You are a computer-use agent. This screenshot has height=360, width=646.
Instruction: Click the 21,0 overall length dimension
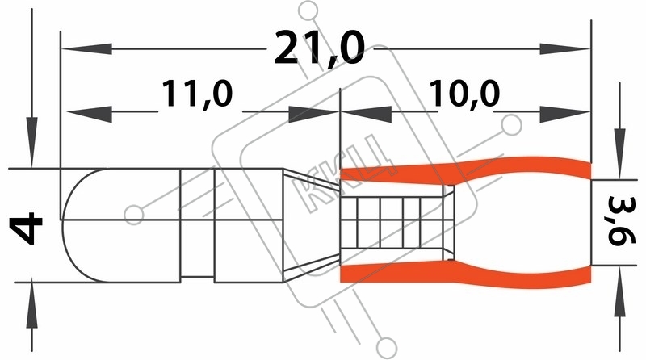[x=319, y=48]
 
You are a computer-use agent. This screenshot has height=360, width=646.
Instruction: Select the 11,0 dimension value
[x=197, y=94]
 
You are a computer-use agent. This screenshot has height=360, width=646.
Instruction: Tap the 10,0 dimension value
[x=464, y=94]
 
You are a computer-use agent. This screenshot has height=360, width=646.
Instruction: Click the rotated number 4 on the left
[x=26, y=228]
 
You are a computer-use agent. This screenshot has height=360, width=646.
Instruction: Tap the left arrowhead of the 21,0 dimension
[x=87, y=48]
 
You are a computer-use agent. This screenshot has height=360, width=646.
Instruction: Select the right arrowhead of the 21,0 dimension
[x=564, y=48]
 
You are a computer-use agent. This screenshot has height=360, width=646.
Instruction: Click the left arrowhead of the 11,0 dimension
[x=90, y=114]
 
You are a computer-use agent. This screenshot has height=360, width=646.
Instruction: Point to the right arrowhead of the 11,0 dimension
[x=313, y=114]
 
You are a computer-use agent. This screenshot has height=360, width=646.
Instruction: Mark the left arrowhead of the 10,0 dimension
[x=367, y=114]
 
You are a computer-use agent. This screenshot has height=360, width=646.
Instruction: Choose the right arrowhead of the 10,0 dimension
[x=564, y=114]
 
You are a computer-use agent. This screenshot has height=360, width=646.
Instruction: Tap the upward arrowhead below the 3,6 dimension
[x=619, y=291]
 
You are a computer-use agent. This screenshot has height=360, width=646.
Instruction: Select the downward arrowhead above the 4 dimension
[x=31, y=142]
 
